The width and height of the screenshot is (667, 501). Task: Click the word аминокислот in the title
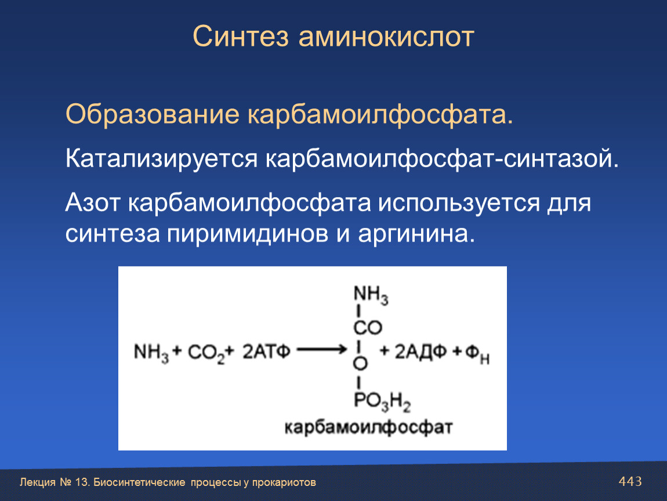pyautogui.click(x=386, y=37)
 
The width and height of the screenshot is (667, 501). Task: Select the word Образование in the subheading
pyautogui.click(x=153, y=114)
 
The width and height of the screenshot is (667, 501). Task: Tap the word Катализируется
pyautogui.click(x=162, y=159)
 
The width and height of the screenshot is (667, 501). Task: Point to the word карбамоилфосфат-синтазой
pyautogui.click(x=443, y=159)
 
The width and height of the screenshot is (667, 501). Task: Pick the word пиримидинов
pyautogui.click(x=247, y=234)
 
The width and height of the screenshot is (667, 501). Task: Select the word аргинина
pyautogui.click(x=416, y=234)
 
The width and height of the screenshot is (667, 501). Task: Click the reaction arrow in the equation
pyautogui.click(x=322, y=350)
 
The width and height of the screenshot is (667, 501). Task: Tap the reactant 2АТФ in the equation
pyautogui.click(x=266, y=352)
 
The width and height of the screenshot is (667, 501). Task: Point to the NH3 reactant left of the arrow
pyautogui.click(x=151, y=353)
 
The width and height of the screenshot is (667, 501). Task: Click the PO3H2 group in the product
pyautogui.click(x=382, y=402)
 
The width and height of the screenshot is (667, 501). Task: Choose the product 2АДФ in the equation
pyautogui.click(x=420, y=353)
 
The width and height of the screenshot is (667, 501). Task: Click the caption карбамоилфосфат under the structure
pyautogui.click(x=368, y=427)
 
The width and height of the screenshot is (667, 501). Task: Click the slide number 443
pyautogui.click(x=630, y=481)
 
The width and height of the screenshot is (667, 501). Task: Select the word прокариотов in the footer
pyautogui.click(x=284, y=482)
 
